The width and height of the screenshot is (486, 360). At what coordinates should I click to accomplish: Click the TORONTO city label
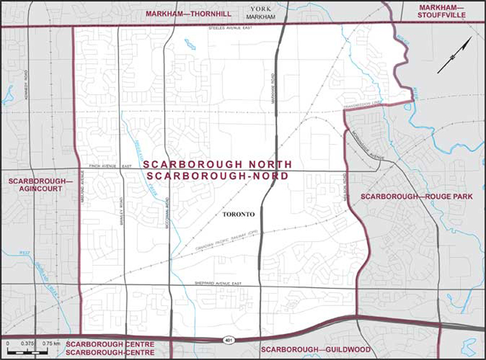tap(238, 214)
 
